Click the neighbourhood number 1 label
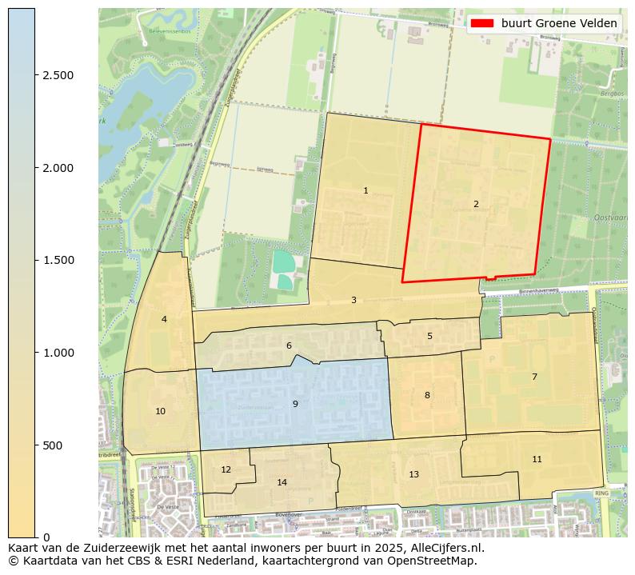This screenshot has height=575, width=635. (x=365, y=190)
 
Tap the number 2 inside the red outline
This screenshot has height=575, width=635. (x=476, y=204)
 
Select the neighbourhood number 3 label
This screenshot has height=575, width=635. (x=353, y=300)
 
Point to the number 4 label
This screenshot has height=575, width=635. (x=164, y=319)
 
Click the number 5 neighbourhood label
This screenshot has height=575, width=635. (x=429, y=336)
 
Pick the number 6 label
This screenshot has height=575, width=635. (x=289, y=345)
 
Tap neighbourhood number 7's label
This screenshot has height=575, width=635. (x=534, y=376)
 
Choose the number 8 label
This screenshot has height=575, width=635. (x=427, y=395)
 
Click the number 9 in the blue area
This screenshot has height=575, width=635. (x=295, y=404)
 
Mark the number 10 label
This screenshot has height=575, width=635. (x=161, y=411)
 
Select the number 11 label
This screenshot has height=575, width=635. (x=537, y=458)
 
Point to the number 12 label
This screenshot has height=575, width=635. (x=226, y=469)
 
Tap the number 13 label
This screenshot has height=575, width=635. (x=413, y=474)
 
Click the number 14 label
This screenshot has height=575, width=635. (x=282, y=482)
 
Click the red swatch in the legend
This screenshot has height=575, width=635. (x=482, y=23)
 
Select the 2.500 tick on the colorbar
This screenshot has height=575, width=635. (x=58, y=75)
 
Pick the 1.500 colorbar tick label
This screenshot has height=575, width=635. (x=58, y=260)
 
